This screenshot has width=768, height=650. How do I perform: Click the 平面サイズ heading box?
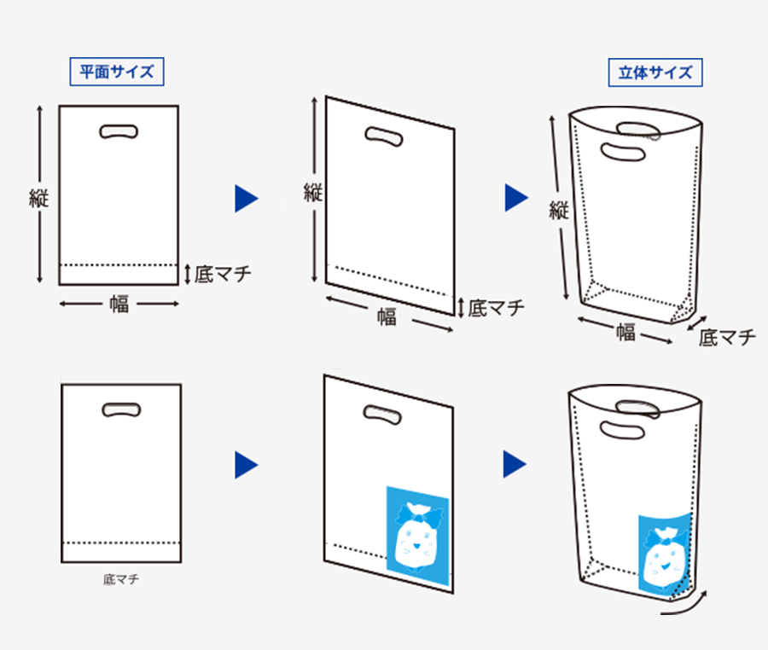[116, 72]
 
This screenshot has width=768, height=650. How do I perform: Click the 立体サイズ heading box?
[655, 73]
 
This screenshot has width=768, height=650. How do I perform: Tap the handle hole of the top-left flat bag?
[119, 131]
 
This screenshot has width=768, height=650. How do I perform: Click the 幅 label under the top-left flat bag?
[119, 304]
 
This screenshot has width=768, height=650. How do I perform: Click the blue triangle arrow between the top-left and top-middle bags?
[246, 199]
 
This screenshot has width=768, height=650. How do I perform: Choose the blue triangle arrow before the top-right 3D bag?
[515, 198]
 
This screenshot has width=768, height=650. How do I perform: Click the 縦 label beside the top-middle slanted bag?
[313, 193]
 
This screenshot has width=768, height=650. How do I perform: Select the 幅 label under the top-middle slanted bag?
[387, 317]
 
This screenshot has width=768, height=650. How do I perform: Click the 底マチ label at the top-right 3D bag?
[727, 338]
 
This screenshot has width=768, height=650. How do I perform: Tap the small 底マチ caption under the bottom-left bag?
[120, 580]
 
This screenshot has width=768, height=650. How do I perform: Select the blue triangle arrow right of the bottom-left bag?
[246, 465]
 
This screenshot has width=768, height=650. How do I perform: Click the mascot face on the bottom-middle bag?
[416, 540]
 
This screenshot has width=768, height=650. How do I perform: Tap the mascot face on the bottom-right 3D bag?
[665, 559]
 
